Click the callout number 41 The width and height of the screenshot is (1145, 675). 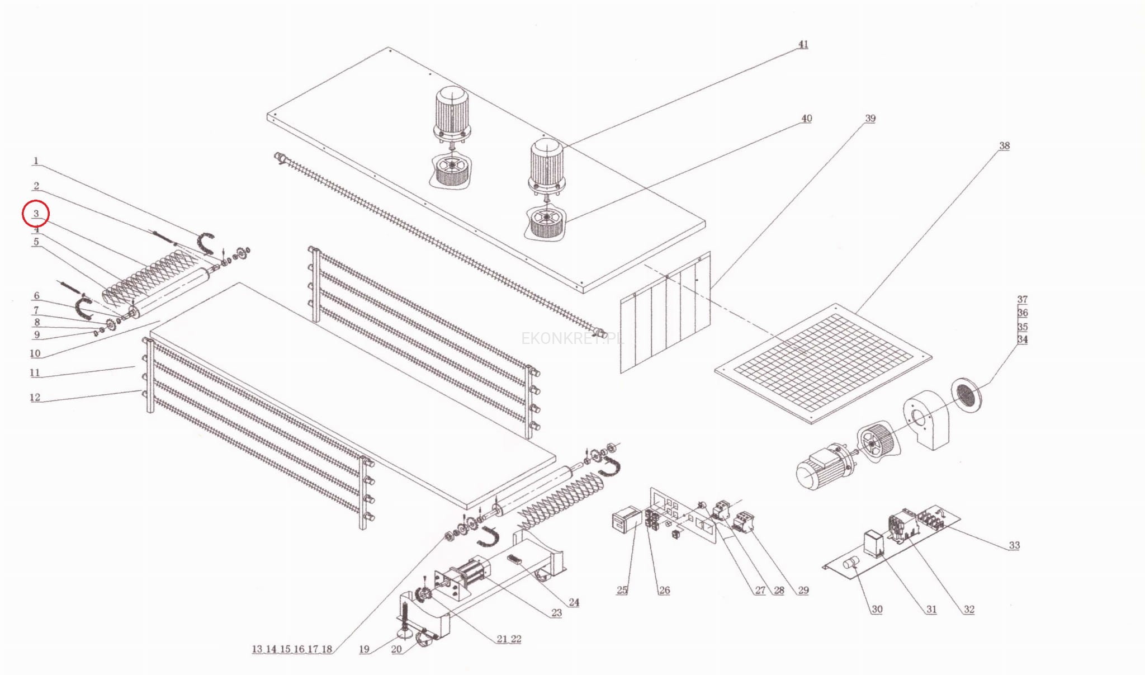pyautogui.click(x=803, y=44)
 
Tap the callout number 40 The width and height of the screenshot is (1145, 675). pyautogui.click(x=806, y=119)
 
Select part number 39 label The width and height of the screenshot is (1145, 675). pyautogui.click(x=870, y=119)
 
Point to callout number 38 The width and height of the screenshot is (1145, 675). pyautogui.click(x=1004, y=145)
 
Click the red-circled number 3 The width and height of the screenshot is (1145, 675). pyautogui.click(x=36, y=214)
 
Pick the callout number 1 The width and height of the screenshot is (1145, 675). pyautogui.click(x=36, y=161)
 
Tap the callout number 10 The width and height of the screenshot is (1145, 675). pyautogui.click(x=35, y=353)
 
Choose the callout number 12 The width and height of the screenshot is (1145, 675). pyautogui.click(x=35, y=398)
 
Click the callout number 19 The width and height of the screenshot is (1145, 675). pyautogui.click(x=364, y=649)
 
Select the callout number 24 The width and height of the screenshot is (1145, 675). pyautogui.click(x=574, y=602)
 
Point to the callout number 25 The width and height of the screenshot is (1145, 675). pyautogui.click(x=622, y=590)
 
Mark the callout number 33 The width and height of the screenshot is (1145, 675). pyautogui.click(x=1014, y=545)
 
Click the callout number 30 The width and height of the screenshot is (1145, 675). pyautogui.click(x=877, y=610)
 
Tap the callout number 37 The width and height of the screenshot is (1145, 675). pyautogui.click(x=1022, y=300)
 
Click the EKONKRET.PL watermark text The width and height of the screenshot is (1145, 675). pyautogui.click(x=571, y=338)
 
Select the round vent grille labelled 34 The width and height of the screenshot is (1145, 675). pyautogui.click(x=966, y=395)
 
